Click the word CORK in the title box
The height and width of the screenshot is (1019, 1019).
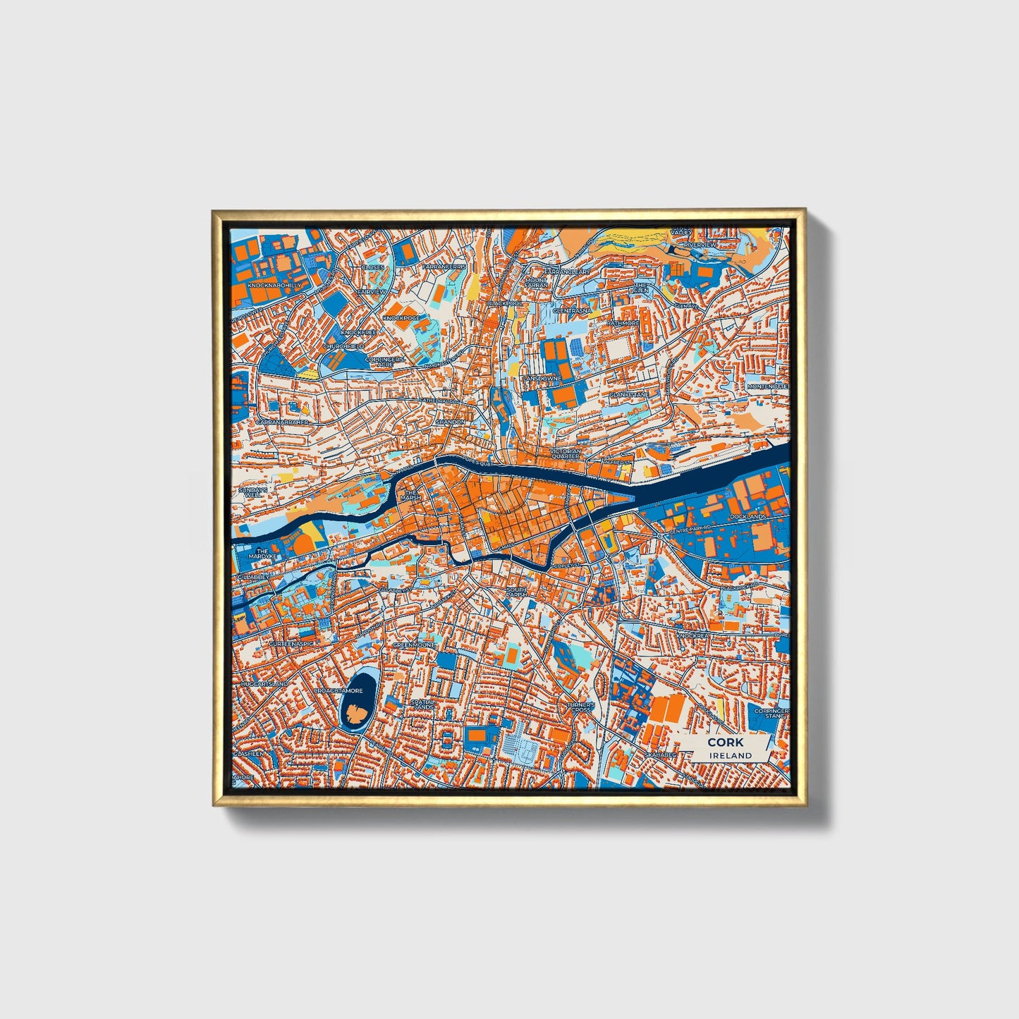click(725, 742)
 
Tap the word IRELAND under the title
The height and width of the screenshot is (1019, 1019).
click(731, 755)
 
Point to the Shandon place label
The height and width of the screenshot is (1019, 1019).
click(450, 422)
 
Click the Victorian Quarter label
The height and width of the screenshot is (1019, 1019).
click(566, 453)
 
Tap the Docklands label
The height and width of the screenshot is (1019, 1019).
click(748, 517)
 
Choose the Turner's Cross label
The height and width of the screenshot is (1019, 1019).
click(581, 707)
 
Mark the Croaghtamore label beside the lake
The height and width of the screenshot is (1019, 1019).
click(339, 691)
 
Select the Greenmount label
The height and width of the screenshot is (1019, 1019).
click(414, 645)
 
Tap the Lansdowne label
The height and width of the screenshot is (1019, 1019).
click(542, 378)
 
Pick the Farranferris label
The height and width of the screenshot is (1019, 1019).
click(444, 267)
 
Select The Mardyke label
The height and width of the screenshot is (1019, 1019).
click(262, 554)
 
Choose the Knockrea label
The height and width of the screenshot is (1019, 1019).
click(692, 635)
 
